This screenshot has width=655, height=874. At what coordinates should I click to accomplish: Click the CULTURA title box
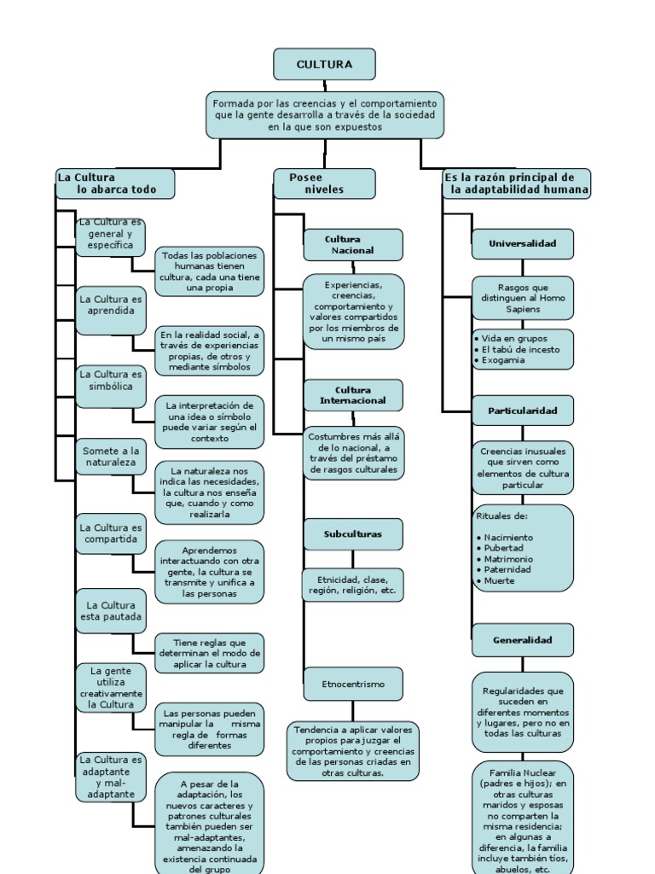pyautogui.click(x=324, y=64)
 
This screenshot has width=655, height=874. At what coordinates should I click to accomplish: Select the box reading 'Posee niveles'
pyautogui.click(x=324, y=184)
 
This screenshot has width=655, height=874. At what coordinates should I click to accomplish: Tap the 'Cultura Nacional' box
pyautogui.click(x=353, y=245)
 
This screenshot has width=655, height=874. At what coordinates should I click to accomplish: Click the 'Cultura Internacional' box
pyautogui.click(x=353, y=395)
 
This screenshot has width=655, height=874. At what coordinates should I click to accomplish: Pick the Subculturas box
pyautogui.click(x=353, y=534)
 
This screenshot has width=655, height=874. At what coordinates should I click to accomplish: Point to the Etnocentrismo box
pyautogui.click(x=353, y=684)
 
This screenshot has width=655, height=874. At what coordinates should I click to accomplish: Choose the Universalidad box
pyautogui.click(x=522, y=243)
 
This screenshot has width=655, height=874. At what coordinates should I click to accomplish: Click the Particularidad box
pyautogui.click(x=522, y=411)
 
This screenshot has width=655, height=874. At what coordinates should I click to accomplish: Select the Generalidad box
pyautogui.click(x=522, y=639)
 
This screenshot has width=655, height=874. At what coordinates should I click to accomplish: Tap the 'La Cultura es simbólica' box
pyautogui.click(x=111, y=380)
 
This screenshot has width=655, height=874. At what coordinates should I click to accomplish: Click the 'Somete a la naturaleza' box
pyautogui.click(x=111, y=456)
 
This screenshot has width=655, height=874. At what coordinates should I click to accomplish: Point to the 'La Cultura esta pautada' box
pyautogui.click(x=111, y=610)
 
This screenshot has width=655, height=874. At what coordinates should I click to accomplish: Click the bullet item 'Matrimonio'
pyautogui.click(x=507, y=559)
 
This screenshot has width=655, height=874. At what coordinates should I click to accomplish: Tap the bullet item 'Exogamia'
pyautogui.click(x=503, y=360)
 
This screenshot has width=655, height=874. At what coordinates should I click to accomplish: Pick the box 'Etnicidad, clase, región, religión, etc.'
pyautogui.click(x=353, y=585)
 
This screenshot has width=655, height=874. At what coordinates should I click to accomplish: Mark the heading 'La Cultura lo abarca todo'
pyautogui.click(x=114, y=184)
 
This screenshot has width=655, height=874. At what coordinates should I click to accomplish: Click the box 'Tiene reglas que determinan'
pyautogui.click(x=209, y=653)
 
